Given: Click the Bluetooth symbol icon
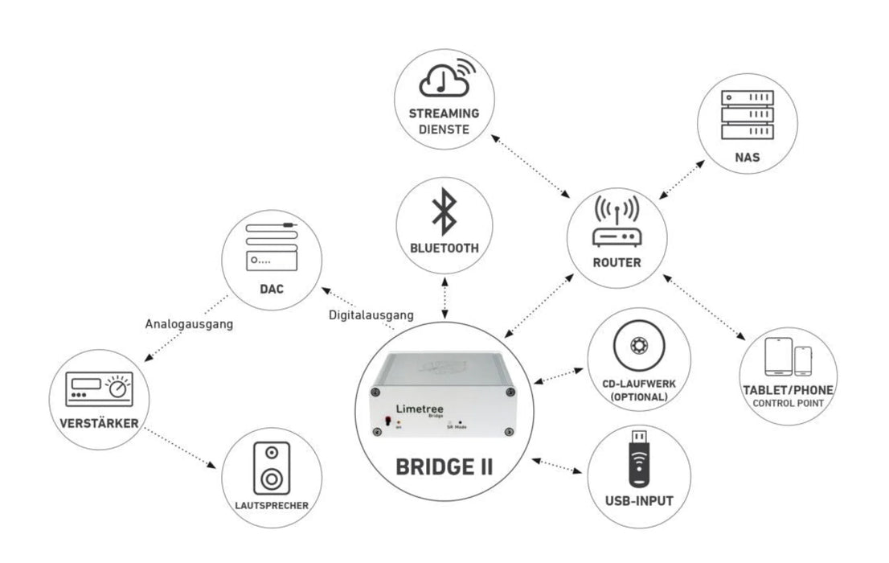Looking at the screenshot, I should pos(444,214).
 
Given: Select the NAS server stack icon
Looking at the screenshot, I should pos(747,113).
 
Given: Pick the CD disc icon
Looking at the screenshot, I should pos(639,345).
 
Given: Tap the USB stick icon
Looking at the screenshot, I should pos(640,458).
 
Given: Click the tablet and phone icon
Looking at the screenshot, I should pos(788,358).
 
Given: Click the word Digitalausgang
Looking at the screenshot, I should pos(371,315).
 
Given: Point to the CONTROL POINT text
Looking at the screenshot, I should pos(787,402).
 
